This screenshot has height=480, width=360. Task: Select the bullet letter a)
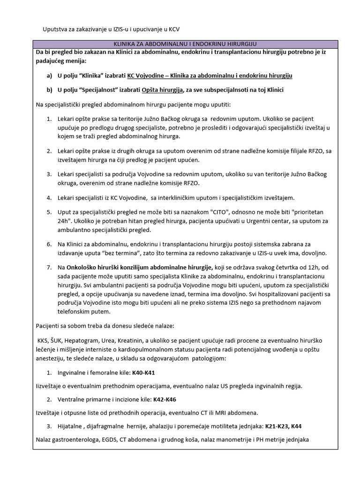click(x=49, y=75)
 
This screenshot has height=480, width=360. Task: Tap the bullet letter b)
click(x=49, y=90)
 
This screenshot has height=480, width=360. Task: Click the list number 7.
click(x=49, y=267)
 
